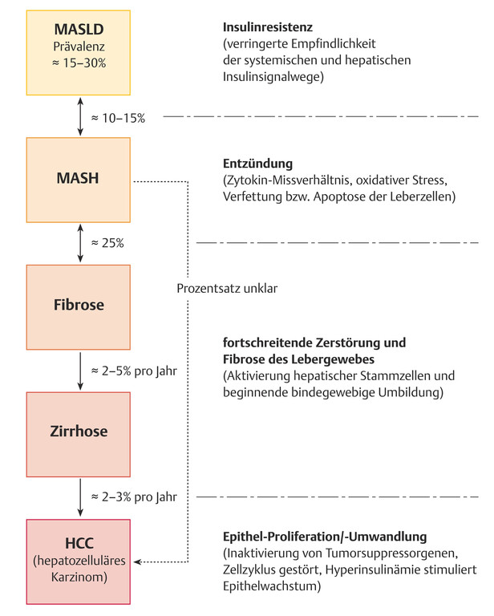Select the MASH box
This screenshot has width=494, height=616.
click(x=79, y=177)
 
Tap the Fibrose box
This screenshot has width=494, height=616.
click(x=79, y=305)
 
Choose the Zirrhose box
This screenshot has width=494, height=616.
click(x=79, y=432)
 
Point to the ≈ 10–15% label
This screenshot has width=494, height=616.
click(x=118, y=118)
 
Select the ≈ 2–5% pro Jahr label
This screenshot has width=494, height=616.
click(x=133, y=371)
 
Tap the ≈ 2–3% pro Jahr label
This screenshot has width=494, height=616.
click(x=133, y=496)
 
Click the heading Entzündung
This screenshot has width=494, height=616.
click(x=258, y=163)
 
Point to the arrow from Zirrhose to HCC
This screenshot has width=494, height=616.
click(x=79, y=496)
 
